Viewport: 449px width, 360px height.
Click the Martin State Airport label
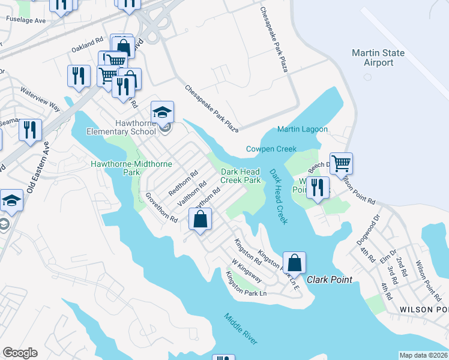pyautogui.click(x=378, y=58)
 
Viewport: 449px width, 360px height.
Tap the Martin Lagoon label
pyautogui.click(x=302, y=129)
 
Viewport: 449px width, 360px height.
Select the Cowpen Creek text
pyautogui.click(x=271, y=149)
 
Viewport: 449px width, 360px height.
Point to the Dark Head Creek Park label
pyautogui.click(x=240, y=175)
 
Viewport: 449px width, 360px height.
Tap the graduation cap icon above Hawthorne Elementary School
pyautogui.click(x=162, y=112)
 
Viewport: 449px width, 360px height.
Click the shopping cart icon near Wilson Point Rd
pyautogui.click(x=341, y=163)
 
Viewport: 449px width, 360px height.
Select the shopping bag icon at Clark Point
pyautogui.click(x=294, y=263)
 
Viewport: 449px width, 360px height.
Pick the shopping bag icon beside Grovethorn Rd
pyautogui.click(x=200, y=219)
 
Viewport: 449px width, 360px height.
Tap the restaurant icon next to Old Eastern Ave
pyautogui.click(x=30, y=130)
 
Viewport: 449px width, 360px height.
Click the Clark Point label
pyautogui.click(x=330, y=280)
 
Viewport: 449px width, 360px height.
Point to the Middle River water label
pyautogui.click(x=241, y=329)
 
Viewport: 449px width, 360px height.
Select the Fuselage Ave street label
pyautogui.click(x=26, y=20)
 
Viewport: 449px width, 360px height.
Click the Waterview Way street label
pyautogui.click(x=40, y=99)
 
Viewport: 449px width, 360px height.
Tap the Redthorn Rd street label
pyautogui.click(x=183, y=184)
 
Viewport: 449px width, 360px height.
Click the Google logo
pyautogui.click(x=20, y=352)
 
